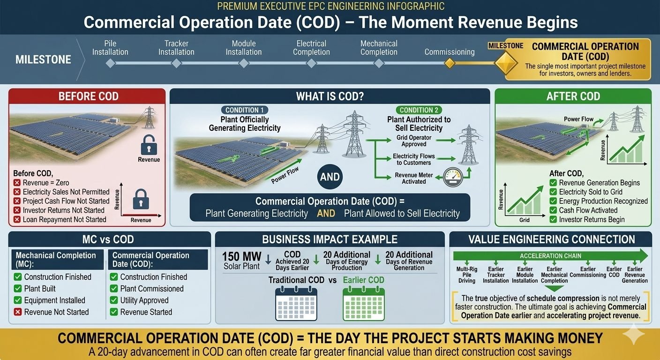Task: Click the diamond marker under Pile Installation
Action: pyautogui.click(x=110, y=63)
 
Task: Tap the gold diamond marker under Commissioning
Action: pyautogui.click(x=450, y=63)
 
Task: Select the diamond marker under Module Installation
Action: pyautogui.click(x=244, y=63)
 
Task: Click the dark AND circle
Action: pyautogui.click(x=330, y=177)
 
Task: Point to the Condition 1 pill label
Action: pyautogui.click(x=245, y=110)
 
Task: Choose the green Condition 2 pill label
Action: pyautogui.click(x=419, y=110)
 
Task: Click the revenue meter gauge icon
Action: pyautogui.click(x=453, y=177)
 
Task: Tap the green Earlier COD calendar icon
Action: pyautogui.click(x=364, y=304)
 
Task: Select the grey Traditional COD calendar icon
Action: pyautogui.click(x=296, y=304)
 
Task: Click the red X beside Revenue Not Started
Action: pyautogui.click(x=18, y=312)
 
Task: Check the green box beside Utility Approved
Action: pyautogui.click(x=114, y=300)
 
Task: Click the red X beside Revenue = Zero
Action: pyautogui.click(x=17, y=183)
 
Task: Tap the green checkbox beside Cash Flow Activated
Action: pyautogui.click(x=553, y=210)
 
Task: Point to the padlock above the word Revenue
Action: pyautogui.click(x=149, y=145)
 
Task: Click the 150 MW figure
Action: pyautogui.click(x=241, y=256)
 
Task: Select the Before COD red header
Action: pyautogui.click(x=87, y=96)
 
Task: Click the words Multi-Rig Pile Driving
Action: pyautogui.click(x=467, y=275)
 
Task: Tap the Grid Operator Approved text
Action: pyautogui.click(x=414, y=141)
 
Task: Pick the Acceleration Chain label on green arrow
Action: pyautogui.click(x=550, y=256)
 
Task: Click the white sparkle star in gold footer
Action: pyautogui.click(x=633, y=334)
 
